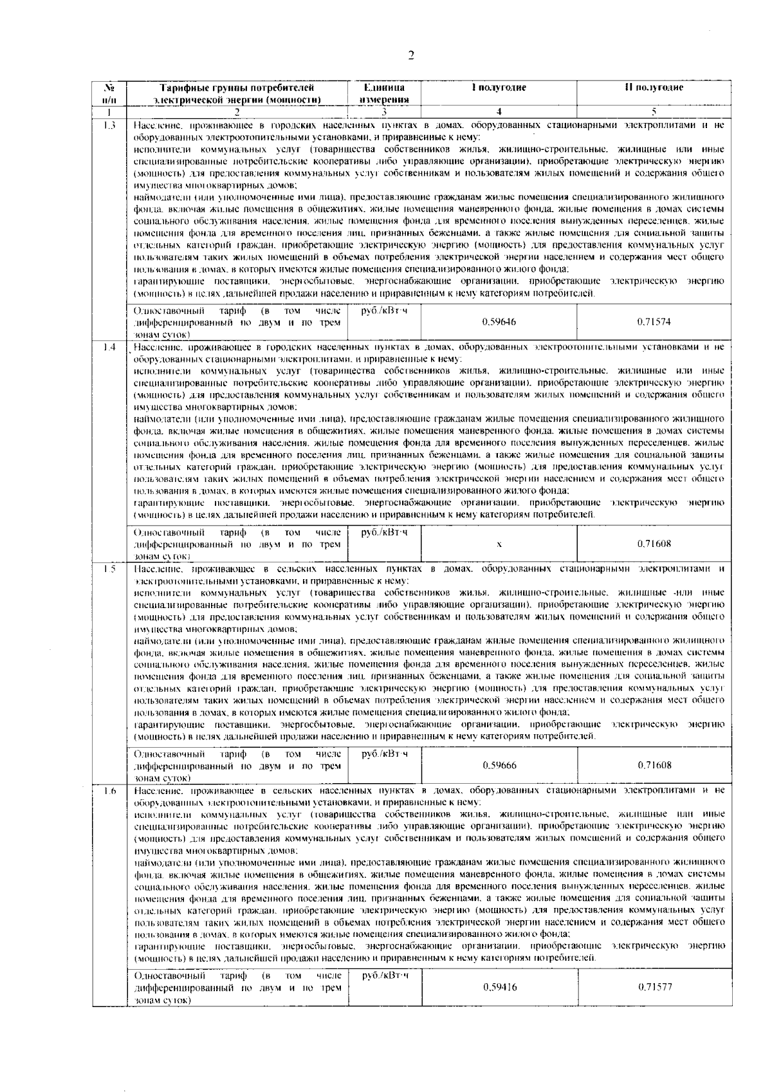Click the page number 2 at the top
(410, 55)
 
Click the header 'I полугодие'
(499, 88)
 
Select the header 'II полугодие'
(654, 88)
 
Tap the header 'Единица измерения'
(384, 93)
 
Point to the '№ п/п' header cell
(109, 93)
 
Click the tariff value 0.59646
(499, 322)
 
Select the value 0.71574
(654, 322)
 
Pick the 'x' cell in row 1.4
(499, 544)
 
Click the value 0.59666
(499, 765)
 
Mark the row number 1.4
(109, 347)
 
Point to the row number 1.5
(109, 569)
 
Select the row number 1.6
(109, 791)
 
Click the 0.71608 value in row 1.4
(654, 544)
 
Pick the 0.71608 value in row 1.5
(654, 765)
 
